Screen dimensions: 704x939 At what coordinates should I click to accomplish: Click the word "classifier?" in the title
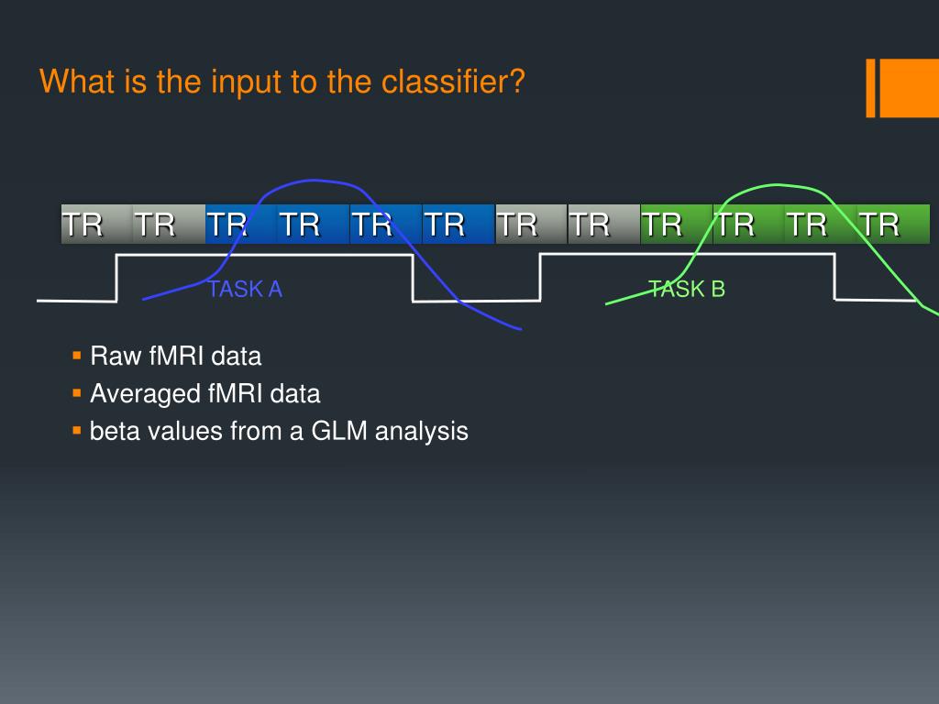point(453,82)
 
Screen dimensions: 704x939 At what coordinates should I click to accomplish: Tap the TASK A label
point(245,290)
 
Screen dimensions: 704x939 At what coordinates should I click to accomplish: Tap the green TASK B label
point(687,290)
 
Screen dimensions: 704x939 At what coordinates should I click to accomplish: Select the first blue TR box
point(241,224)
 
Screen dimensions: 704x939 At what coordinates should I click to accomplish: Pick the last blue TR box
point(458,224)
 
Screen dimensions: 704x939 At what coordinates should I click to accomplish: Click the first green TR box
point(676,224)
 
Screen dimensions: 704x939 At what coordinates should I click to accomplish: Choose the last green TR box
point(893,224)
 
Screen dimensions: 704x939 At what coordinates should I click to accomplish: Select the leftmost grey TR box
point(96,224)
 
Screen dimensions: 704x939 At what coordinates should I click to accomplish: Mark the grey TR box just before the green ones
point(603,224)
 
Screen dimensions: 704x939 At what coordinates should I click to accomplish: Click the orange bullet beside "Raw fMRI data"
point(76,355)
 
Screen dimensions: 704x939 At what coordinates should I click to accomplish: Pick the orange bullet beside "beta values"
point(76,430)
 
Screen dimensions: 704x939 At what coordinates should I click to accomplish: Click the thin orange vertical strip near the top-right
point(871,88)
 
